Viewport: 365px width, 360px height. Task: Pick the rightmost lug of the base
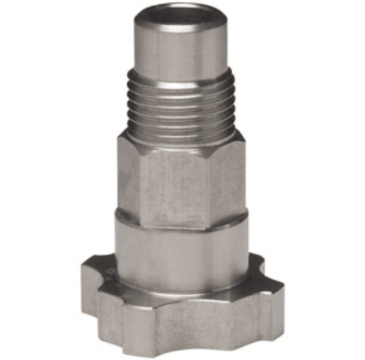268,287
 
